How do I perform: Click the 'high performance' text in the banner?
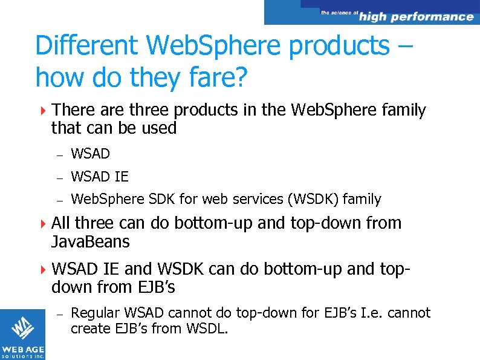pyautogui.click(x=416, y=16)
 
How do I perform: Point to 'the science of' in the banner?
pyautogui.click(x=339, y=12)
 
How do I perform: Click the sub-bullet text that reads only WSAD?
pyautogui.click(x=90, y=154)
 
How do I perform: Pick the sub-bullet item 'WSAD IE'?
pyautogui.click(x=100, y=177)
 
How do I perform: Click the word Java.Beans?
pyautogui.click(x=91, y=242)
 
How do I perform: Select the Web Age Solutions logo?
pyautogui.click(x=22, y=334)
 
